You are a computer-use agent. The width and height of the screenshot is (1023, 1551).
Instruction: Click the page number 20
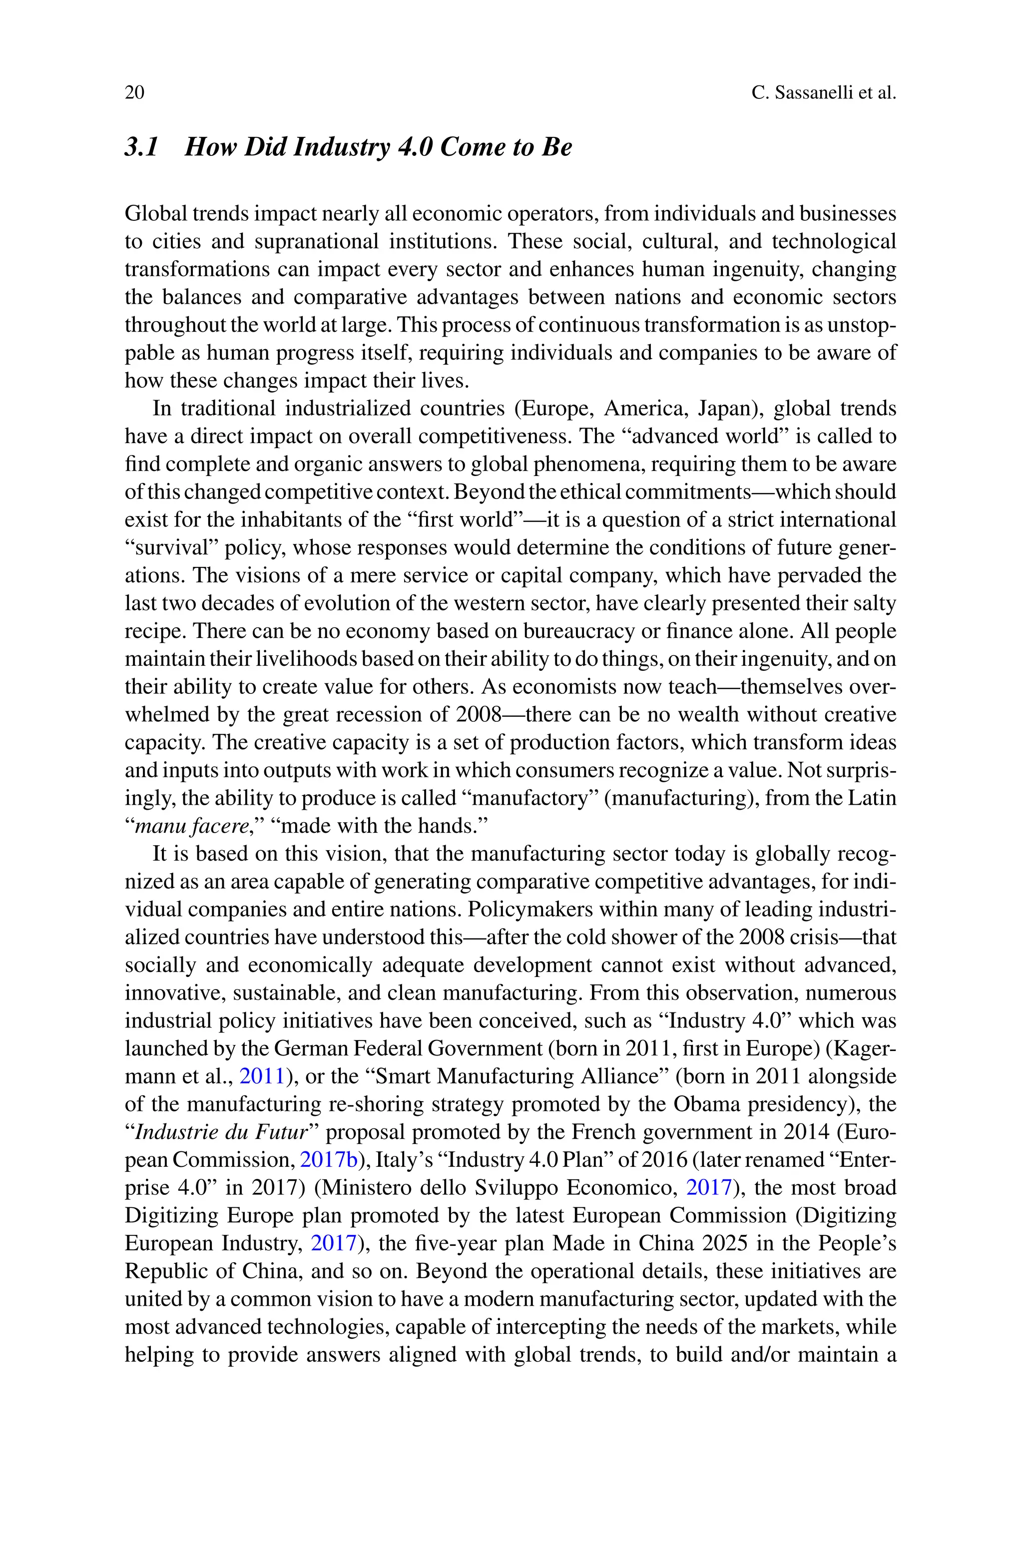pos(134,92)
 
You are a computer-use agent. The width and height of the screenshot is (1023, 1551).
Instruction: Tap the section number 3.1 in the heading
pos(141,147)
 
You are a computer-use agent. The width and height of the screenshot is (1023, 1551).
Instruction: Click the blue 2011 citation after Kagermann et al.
pos(262,1076)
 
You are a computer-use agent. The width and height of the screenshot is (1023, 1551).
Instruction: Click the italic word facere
pos(221,826)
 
